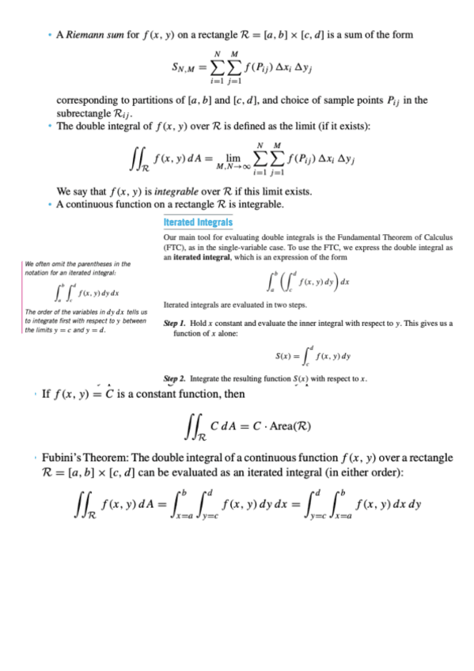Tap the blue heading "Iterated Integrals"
(198, 223)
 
